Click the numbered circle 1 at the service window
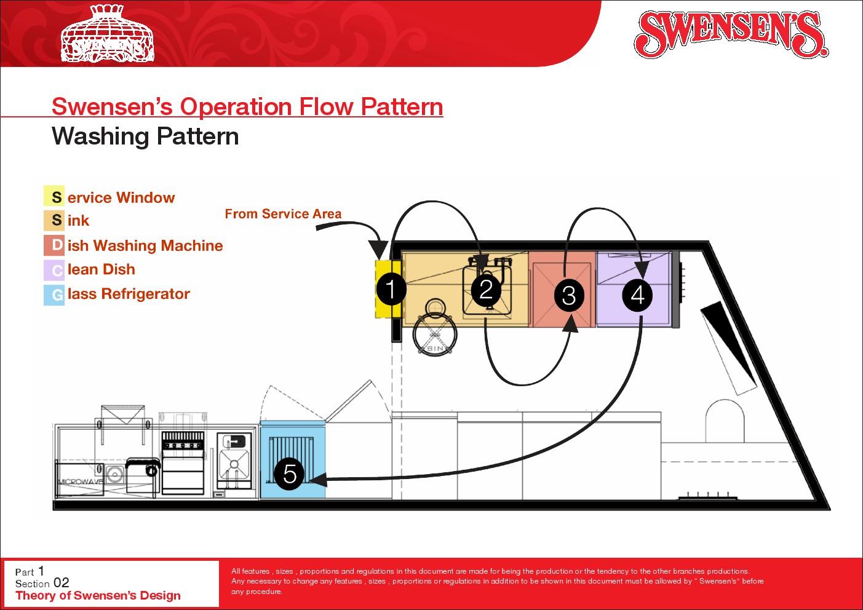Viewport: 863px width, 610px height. pyautogui.click(x=391, y=289)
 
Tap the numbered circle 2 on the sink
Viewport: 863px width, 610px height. pyautogui.click(x=486, y=289)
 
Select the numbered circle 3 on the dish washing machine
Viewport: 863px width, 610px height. pyautogui.click(x=569, y=295)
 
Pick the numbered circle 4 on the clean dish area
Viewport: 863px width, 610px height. pyautogui.click(x=637, y=295)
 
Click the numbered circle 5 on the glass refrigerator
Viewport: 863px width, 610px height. pyautogui.click(x=289, y=474)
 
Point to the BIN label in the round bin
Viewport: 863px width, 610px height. pyautogui.click(x=435, y=349)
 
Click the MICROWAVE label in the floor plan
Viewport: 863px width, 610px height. pyautogui.click(x=80, y=481)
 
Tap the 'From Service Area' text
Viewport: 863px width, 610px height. pyautogui.click(x=283, y=214)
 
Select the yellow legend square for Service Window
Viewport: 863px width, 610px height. pyautogui.click(x=54, y=196)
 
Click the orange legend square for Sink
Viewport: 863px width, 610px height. pyautogui.click(x=54, y=220)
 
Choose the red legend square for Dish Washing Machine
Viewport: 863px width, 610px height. pyautogui.click(x=54, y=245)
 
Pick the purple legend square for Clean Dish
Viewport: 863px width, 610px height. pyautogui.click(x=54, y=270)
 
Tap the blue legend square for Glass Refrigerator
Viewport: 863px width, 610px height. pyautogui.click(x=54, y=295)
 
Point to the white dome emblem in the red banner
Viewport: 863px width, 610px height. pyautogui.click(x=108, y=34)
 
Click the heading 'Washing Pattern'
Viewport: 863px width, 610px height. pyautogui.click(x=145, y=137)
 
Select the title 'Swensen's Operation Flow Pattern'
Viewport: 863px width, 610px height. pyautogui.click(x=247, y=106)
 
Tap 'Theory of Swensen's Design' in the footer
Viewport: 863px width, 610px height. pyautogui.click(x=98, y=595)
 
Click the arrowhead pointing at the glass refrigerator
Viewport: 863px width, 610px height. pyautogui.click(x=317, y=479)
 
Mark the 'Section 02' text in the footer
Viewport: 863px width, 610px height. pyautogui.click(x=42, y=583)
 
